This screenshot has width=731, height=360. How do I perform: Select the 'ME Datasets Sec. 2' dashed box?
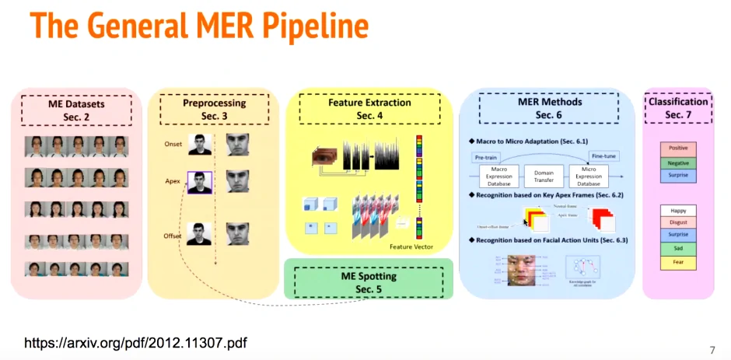[75, 110]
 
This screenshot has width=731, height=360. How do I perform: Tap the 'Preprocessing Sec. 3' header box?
[214, 110]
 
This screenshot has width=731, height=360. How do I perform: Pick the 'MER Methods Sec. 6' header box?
[549, 108]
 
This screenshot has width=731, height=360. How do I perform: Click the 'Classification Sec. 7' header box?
[677, 107]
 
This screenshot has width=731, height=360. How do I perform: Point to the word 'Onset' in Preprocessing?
[173, 144]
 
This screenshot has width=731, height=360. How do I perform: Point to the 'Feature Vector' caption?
[411, 246]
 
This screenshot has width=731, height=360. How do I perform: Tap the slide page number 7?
[712, 349]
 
